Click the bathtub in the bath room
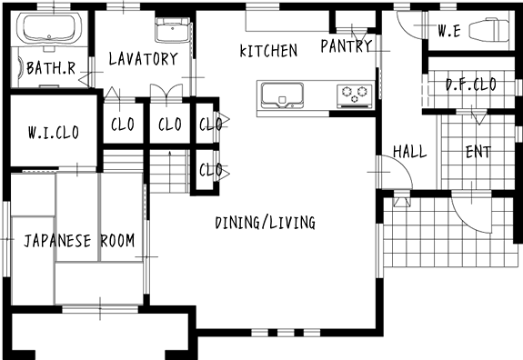(49, 28)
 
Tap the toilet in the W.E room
(489, 30)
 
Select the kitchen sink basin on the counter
(282, 95)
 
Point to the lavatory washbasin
(173, 30)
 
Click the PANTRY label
(347, 46)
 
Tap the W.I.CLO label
(54, 133)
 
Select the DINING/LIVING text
(266, 223)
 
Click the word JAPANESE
(57, 241)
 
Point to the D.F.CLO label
(471, 85)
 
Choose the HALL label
(410, 152)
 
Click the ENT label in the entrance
(478, 152)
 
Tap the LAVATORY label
(144, 59)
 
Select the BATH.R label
(51, 68)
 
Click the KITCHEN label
(268, 51)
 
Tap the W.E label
(449, 31)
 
